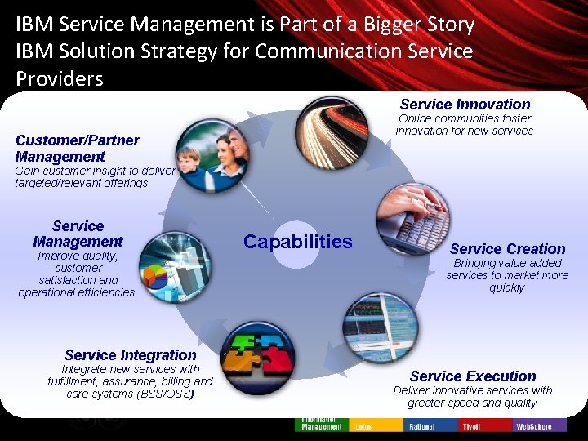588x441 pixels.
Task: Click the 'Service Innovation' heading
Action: coord(465,105)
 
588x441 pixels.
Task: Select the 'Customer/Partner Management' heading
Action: coord(77,148)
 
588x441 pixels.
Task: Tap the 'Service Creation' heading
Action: coord(507,248)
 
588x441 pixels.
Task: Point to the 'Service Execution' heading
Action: coord(473,376)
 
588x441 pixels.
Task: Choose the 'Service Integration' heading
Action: coord(130,354)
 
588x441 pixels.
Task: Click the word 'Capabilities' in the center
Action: coord(298,242)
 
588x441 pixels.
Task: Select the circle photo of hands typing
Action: coord(407,218)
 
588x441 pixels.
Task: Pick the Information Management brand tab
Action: coord(322,424)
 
